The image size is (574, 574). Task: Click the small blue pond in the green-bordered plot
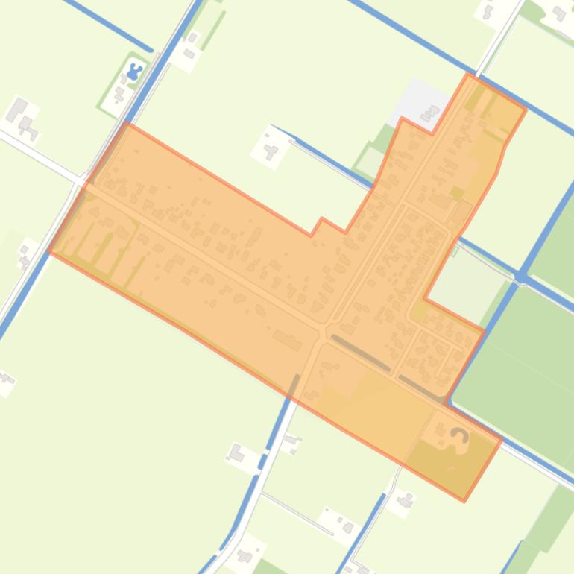pos(135,72)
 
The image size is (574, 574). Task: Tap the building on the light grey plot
pos(430,113)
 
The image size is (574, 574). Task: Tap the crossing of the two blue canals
pos(523,277)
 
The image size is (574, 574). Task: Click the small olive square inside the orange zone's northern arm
pos(457,173)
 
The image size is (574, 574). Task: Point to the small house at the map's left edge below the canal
pos(6,382)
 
